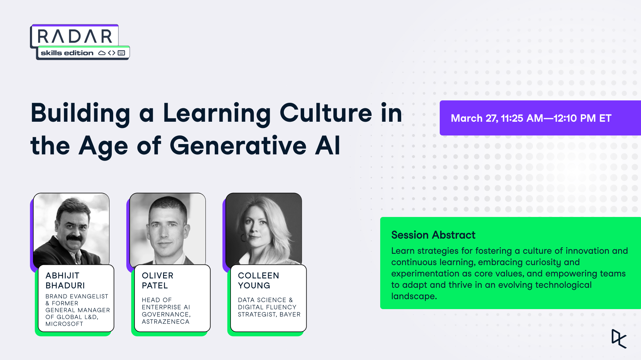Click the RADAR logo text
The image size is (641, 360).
tap(75, 36)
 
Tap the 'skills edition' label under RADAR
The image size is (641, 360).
tap(67, 53)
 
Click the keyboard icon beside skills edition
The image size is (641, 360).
tap(121, 53)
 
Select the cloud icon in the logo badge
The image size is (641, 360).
tap(102, 53)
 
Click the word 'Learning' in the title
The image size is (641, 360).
tap(217, 114)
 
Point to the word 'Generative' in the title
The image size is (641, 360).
tap(238, 145)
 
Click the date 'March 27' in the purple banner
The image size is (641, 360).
tap(474, 118)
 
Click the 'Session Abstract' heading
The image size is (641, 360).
tap(433, 235)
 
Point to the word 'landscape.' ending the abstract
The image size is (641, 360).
tap(414, 296)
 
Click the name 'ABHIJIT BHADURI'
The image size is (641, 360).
tap(65, 281)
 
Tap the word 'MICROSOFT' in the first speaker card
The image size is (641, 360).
tap(64, 324)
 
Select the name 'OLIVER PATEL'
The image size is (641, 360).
tap(158, 281)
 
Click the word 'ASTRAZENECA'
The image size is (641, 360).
tap(165, 322)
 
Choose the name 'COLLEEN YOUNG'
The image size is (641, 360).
tap(258, 281)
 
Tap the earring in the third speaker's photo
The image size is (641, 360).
tap(243, 238)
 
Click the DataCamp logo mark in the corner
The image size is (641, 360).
tap(619, 339)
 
